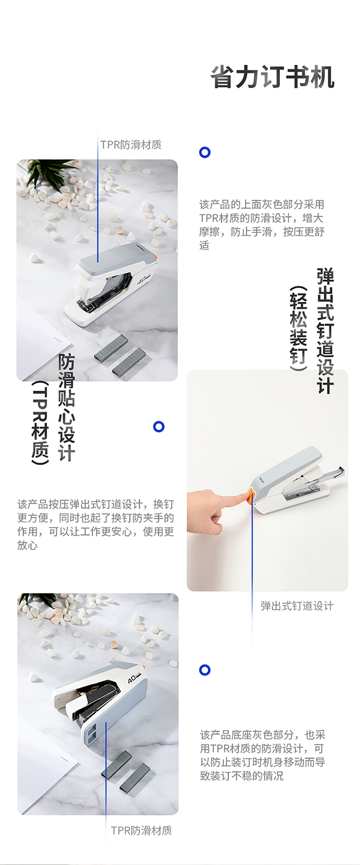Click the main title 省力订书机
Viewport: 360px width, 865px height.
click(272, 77)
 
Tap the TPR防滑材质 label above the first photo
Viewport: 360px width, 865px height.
click(131, 144)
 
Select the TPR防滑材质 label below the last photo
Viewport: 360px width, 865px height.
click(142, 830)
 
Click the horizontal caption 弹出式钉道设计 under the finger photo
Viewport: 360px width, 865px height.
click(297, 606)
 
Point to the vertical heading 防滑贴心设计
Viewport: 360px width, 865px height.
click(67, 408)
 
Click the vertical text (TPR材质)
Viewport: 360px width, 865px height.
click(40, 423)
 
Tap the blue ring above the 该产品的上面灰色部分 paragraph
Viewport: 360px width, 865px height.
click(205, 153)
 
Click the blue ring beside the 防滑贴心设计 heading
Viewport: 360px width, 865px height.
click(159, 427)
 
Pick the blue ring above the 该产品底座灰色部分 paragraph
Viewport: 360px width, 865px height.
click(205, 670)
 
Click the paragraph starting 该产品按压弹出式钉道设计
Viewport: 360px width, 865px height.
click(96, 524)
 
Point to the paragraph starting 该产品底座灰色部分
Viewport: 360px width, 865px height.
click(263, 755)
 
